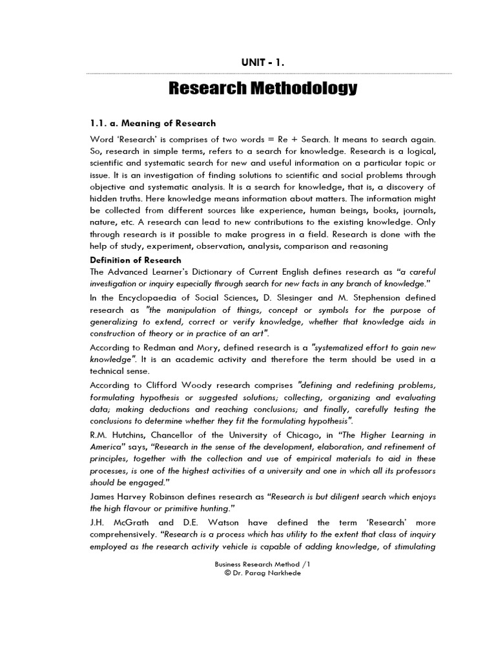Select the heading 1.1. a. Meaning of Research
pyautogui.click(x=152, y=123)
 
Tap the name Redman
pyautogui.click(x=160, y=347)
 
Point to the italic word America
pyautogui.click(x=112, y=446)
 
